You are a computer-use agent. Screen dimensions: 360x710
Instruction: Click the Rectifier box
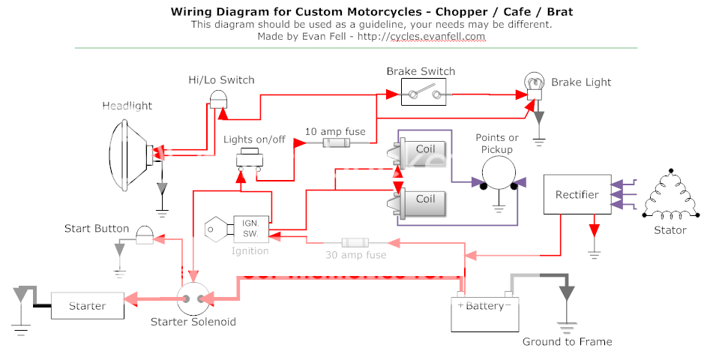(x=577, y=195)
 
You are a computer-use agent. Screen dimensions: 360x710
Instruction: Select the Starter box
(x=88, y=305)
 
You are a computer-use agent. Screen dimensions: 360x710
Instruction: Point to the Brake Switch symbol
(x=420, y=94)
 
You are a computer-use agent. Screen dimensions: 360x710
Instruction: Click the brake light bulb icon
(x=535, y=85)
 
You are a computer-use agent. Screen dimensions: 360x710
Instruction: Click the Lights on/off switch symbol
(x=249, y=159)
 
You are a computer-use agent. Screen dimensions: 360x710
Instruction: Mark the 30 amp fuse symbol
(x=353, y=243)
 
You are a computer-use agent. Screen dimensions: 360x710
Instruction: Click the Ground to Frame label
(x=567, y=342)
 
